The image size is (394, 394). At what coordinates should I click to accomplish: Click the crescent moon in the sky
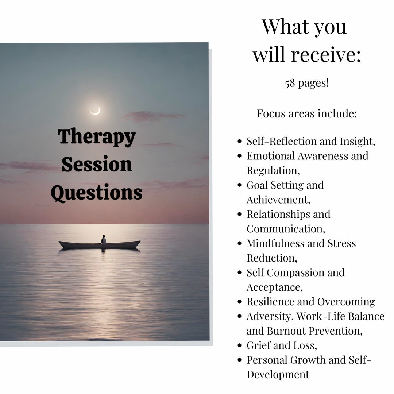coord(95,111)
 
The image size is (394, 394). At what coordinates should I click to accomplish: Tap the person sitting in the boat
coord(104,240)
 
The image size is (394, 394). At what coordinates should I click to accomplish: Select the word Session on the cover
coord(97,165)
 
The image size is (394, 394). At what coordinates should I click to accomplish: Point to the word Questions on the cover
coord(97,193)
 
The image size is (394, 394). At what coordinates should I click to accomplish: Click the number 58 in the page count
coord(290,83)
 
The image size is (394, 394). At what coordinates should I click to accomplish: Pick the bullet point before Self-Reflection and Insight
coord(239,142)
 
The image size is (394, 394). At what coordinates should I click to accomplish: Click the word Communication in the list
coord(285,229)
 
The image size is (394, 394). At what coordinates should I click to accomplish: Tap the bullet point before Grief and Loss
coord(239,345)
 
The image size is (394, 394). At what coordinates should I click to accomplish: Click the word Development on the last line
coord(278,375)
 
